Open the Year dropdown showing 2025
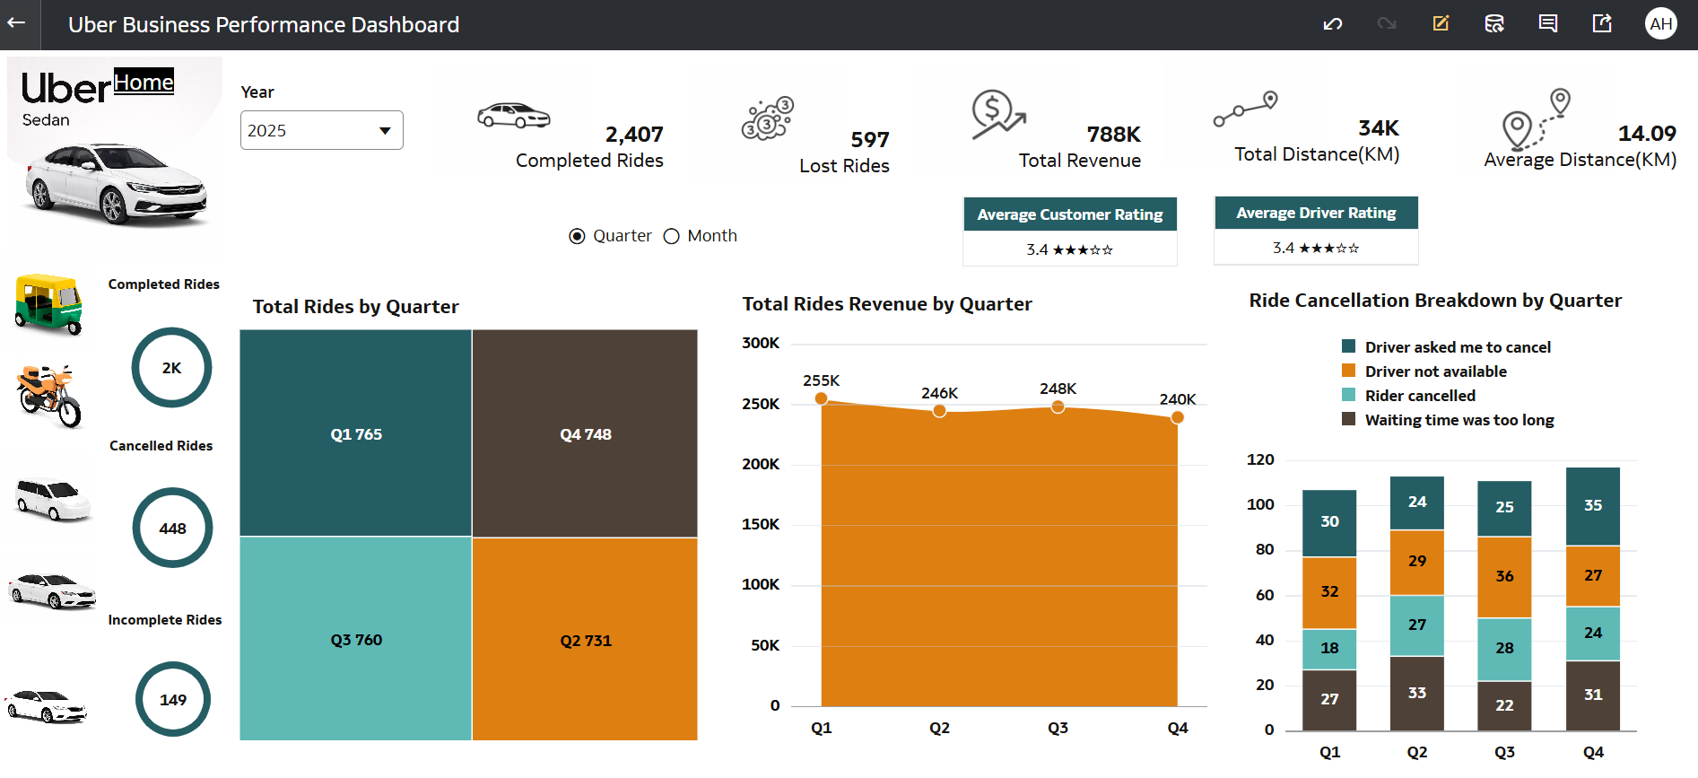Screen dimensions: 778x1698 click(321, 130)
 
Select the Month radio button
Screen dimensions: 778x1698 click(672, 236)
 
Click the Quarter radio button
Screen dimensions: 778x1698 click(577, 236)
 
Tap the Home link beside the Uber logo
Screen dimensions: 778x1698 click(144, 83)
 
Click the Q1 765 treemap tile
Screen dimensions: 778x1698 click(355, 433)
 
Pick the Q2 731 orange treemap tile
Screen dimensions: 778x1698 click(585, 640)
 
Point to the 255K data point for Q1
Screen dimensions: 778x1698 click(821, 398)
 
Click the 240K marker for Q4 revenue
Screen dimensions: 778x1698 click(1178, 417)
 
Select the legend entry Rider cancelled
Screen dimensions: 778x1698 click(1419, 396)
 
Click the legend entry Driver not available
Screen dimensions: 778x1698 click(1435, 372)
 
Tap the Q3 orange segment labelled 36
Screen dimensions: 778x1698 click(1504, 576)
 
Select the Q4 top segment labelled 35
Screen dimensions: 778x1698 click(1592, 505)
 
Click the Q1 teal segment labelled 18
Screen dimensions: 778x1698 click(1329, 648)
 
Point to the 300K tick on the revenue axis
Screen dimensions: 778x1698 click(761, 343)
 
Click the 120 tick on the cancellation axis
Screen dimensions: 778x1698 click(1260, 459)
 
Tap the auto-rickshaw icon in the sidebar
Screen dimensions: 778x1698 click(49, 304)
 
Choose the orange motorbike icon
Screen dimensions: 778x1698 click(50, 396)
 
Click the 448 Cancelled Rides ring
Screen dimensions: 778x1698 click(172, 528)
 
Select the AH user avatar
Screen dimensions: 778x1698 click(1660, 24)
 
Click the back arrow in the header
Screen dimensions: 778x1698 click(17, 24)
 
